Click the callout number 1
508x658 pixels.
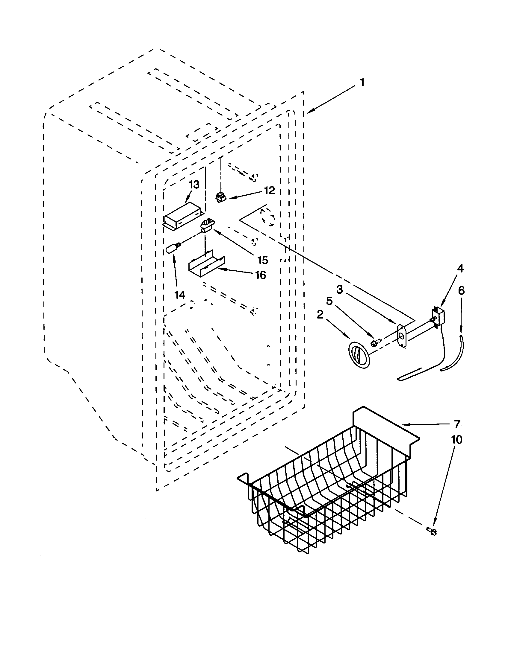[x=362, y=82]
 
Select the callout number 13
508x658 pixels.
[x=194, y=185]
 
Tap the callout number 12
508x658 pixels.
[x=269, y=190]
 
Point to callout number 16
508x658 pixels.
[x=261, y=275]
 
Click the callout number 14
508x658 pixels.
[x=180, y=295]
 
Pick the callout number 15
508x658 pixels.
[x=263, y=260]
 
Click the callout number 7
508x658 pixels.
[x=457, y=424]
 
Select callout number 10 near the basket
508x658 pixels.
[x=457, y=440]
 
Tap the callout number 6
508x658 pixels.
[x=461, y=290]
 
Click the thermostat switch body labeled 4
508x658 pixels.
[x=436, y=316]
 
